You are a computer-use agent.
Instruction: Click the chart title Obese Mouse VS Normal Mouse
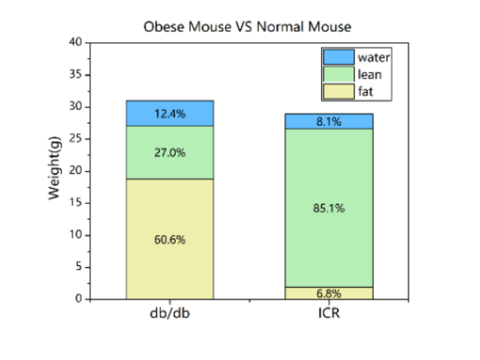[x=247, y=27]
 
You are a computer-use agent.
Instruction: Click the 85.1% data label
[x=329, y=208]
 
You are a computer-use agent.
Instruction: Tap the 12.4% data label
[x=170, y=114]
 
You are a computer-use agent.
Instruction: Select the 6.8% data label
[x=329, y=294]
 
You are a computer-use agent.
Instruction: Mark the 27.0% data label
[x=170, y=153]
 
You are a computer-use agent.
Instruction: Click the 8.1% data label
[x=329, y=121]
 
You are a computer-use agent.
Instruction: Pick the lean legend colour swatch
[x=338, y=74]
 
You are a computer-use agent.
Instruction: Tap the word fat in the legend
[x=365, y=91]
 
